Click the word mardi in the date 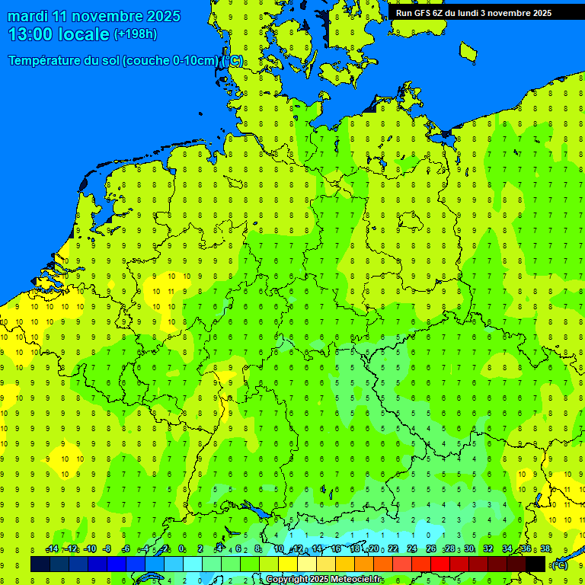click(x=29, y=16)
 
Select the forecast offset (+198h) click(x=135, y=34)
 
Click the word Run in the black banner click(x=404, y=13)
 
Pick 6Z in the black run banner click(x=440, y=13)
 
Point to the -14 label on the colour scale click(x=52, y=549)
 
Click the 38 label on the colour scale click(x=545, y=549)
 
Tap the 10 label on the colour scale click(x=279, y=549)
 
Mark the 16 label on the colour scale click(x=336, y=549)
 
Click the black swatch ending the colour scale click(x=535, y=564)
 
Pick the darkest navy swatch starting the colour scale click(x=40, y=564)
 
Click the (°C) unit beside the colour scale click(x=558, y=565)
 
